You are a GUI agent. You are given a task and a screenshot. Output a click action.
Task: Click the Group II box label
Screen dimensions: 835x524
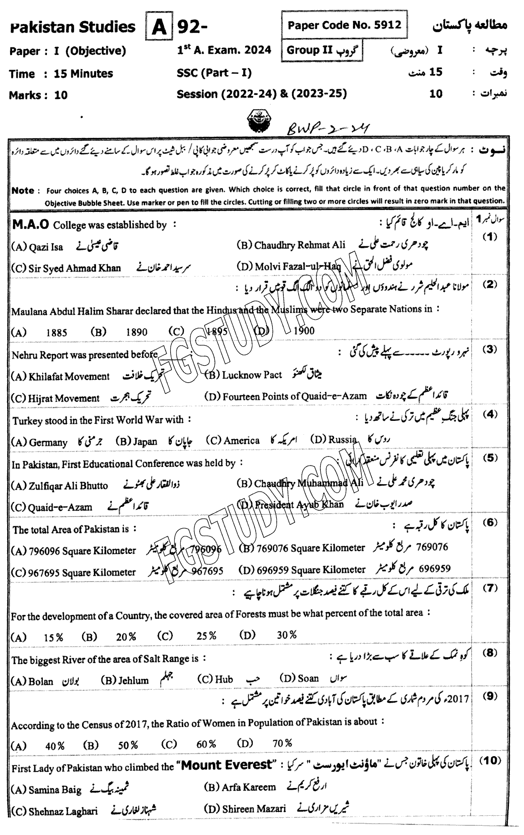[322, 51]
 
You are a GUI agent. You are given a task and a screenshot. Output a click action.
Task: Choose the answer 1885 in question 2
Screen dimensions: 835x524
[57, 333]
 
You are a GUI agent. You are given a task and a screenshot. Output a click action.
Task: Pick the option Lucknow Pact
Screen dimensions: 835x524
[252, 375]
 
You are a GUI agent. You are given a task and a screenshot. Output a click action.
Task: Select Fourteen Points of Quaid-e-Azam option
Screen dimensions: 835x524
[295, 396]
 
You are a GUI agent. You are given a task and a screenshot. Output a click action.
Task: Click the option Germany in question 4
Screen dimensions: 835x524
[48, 442]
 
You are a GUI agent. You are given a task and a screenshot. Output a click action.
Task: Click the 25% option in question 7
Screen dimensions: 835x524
[207, 636]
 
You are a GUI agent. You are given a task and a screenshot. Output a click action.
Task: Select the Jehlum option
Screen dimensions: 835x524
[133, 680]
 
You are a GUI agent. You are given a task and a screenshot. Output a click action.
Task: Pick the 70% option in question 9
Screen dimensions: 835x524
[282, 744]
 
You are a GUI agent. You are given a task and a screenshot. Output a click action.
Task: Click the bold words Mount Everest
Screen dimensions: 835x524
[225, 765]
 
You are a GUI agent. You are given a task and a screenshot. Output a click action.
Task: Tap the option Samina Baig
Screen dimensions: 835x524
[55, 790]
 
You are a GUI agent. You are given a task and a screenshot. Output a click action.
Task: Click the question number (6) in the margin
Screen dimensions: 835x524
[489, 522]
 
